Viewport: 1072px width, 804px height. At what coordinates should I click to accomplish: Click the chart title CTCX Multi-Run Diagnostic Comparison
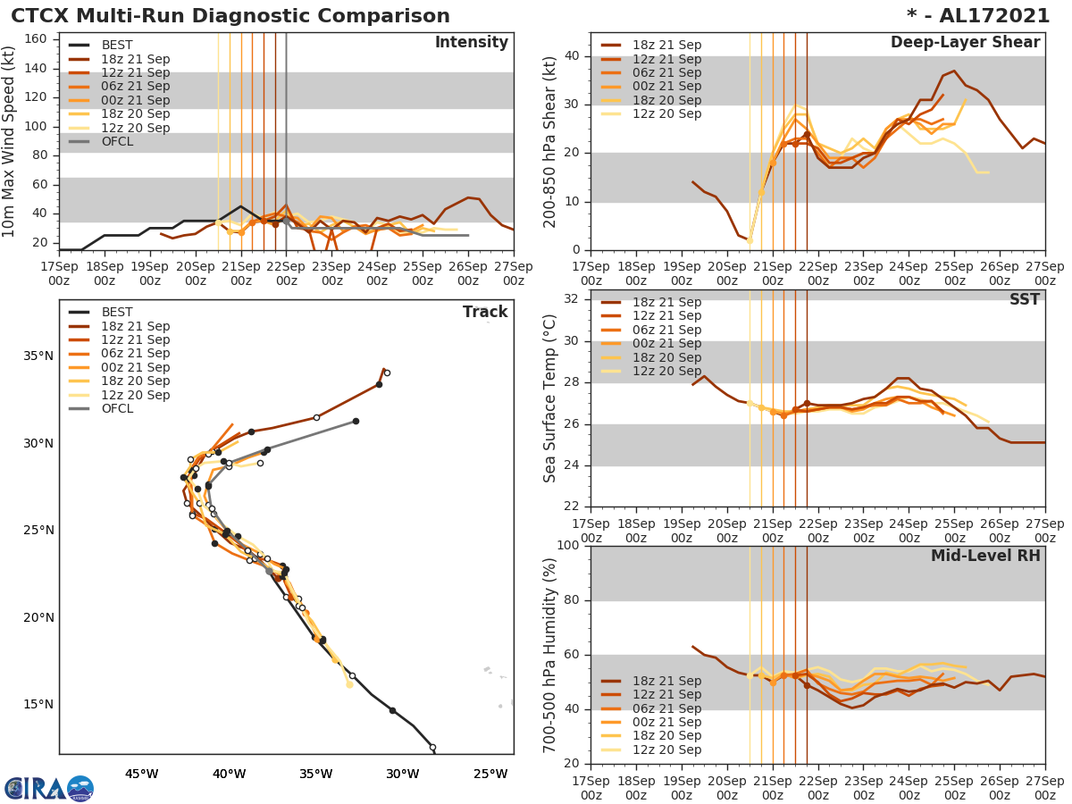click(x=230, y=16)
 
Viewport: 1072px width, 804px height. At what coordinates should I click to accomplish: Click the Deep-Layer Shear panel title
click(x=965, y=43)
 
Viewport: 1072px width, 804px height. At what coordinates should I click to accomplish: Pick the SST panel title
click(x=1024, y=300)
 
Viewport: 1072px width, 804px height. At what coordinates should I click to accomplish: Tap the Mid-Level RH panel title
click(x=985, y=556)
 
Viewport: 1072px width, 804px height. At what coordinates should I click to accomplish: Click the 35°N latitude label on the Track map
click(x=38, y=356)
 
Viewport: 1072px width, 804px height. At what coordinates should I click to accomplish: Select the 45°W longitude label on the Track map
click(x=141, y=774)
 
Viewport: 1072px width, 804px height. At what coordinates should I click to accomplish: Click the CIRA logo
click(x=48, y=788)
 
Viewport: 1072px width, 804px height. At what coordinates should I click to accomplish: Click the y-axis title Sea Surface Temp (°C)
click(x=550, y=398)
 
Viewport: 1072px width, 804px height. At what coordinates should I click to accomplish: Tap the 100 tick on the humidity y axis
click(x=567, y=546)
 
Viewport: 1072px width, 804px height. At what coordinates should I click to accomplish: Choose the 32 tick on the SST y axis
click(x=572, y=298)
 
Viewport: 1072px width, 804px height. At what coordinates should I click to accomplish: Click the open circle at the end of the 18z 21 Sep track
click(x=387, y=373)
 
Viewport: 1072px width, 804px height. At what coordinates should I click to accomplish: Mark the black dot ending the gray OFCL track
click(x=356, y=421)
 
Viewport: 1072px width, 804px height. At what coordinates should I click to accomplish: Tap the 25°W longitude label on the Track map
click(x=490, y=774)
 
